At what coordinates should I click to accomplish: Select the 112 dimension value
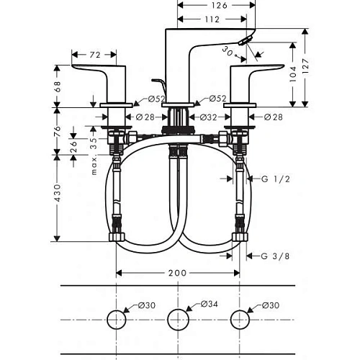click(212, 19)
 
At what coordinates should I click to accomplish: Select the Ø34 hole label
click(209, 305)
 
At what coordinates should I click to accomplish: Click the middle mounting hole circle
click(178, 318)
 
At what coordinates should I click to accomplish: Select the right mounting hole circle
click(239, 318)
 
